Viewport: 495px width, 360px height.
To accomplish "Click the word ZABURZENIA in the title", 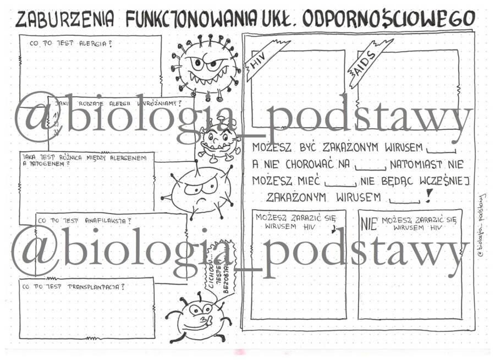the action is pos(65,19).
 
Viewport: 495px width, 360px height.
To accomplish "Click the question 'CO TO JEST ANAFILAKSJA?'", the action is pos(84,221).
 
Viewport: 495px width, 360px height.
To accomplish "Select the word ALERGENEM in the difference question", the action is pos(127,158).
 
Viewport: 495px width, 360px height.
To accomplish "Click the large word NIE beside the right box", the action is pos(369,223).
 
